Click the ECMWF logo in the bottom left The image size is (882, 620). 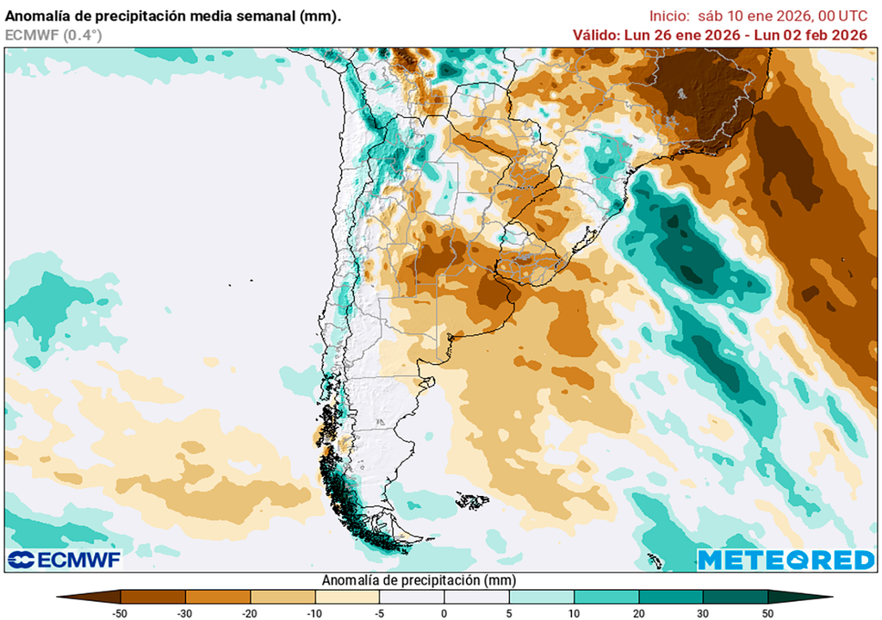pos(65,560)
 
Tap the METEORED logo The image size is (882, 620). pos(786,560)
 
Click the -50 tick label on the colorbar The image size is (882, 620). pos(121,613)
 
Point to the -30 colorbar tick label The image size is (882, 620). pos(185,613)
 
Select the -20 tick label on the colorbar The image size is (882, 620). pos(250,613)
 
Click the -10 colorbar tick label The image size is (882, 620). pos(314,613)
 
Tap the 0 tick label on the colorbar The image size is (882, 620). pos(444,613)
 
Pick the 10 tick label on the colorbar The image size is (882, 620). pos(574,613)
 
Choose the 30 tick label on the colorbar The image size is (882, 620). pos(703,613)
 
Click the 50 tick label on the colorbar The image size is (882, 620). pos(767,613)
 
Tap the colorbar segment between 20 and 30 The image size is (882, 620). pos(671,596)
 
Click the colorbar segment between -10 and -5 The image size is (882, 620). pos(347,596)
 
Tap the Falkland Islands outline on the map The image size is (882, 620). pos(472,499)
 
